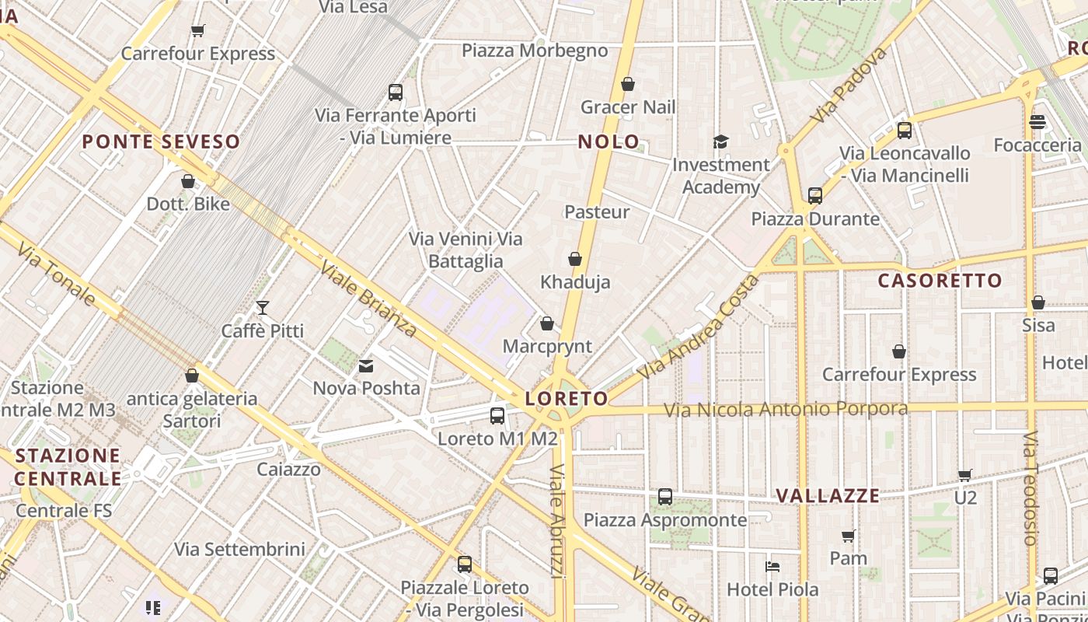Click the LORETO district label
(567, 399)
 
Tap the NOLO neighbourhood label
(609, 142)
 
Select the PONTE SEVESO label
(161, 142)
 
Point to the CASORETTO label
(940, 281)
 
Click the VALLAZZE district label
(828, 495)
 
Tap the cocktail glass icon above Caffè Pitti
(263, 308)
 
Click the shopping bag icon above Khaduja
(575, 259)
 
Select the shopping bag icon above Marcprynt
(547, 323)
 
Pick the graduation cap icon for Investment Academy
(720, 142)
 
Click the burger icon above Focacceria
(1037, 122)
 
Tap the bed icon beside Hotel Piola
(772, 566)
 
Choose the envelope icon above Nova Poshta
(366, 365)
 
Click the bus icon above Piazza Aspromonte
(665, 497)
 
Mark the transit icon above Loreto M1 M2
(497, 416)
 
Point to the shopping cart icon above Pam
(848, 536)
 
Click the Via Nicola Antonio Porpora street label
(785, 409)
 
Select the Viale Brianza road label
(368, 299)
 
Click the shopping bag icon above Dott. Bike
(188, 181)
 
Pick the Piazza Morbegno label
(535, 51)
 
